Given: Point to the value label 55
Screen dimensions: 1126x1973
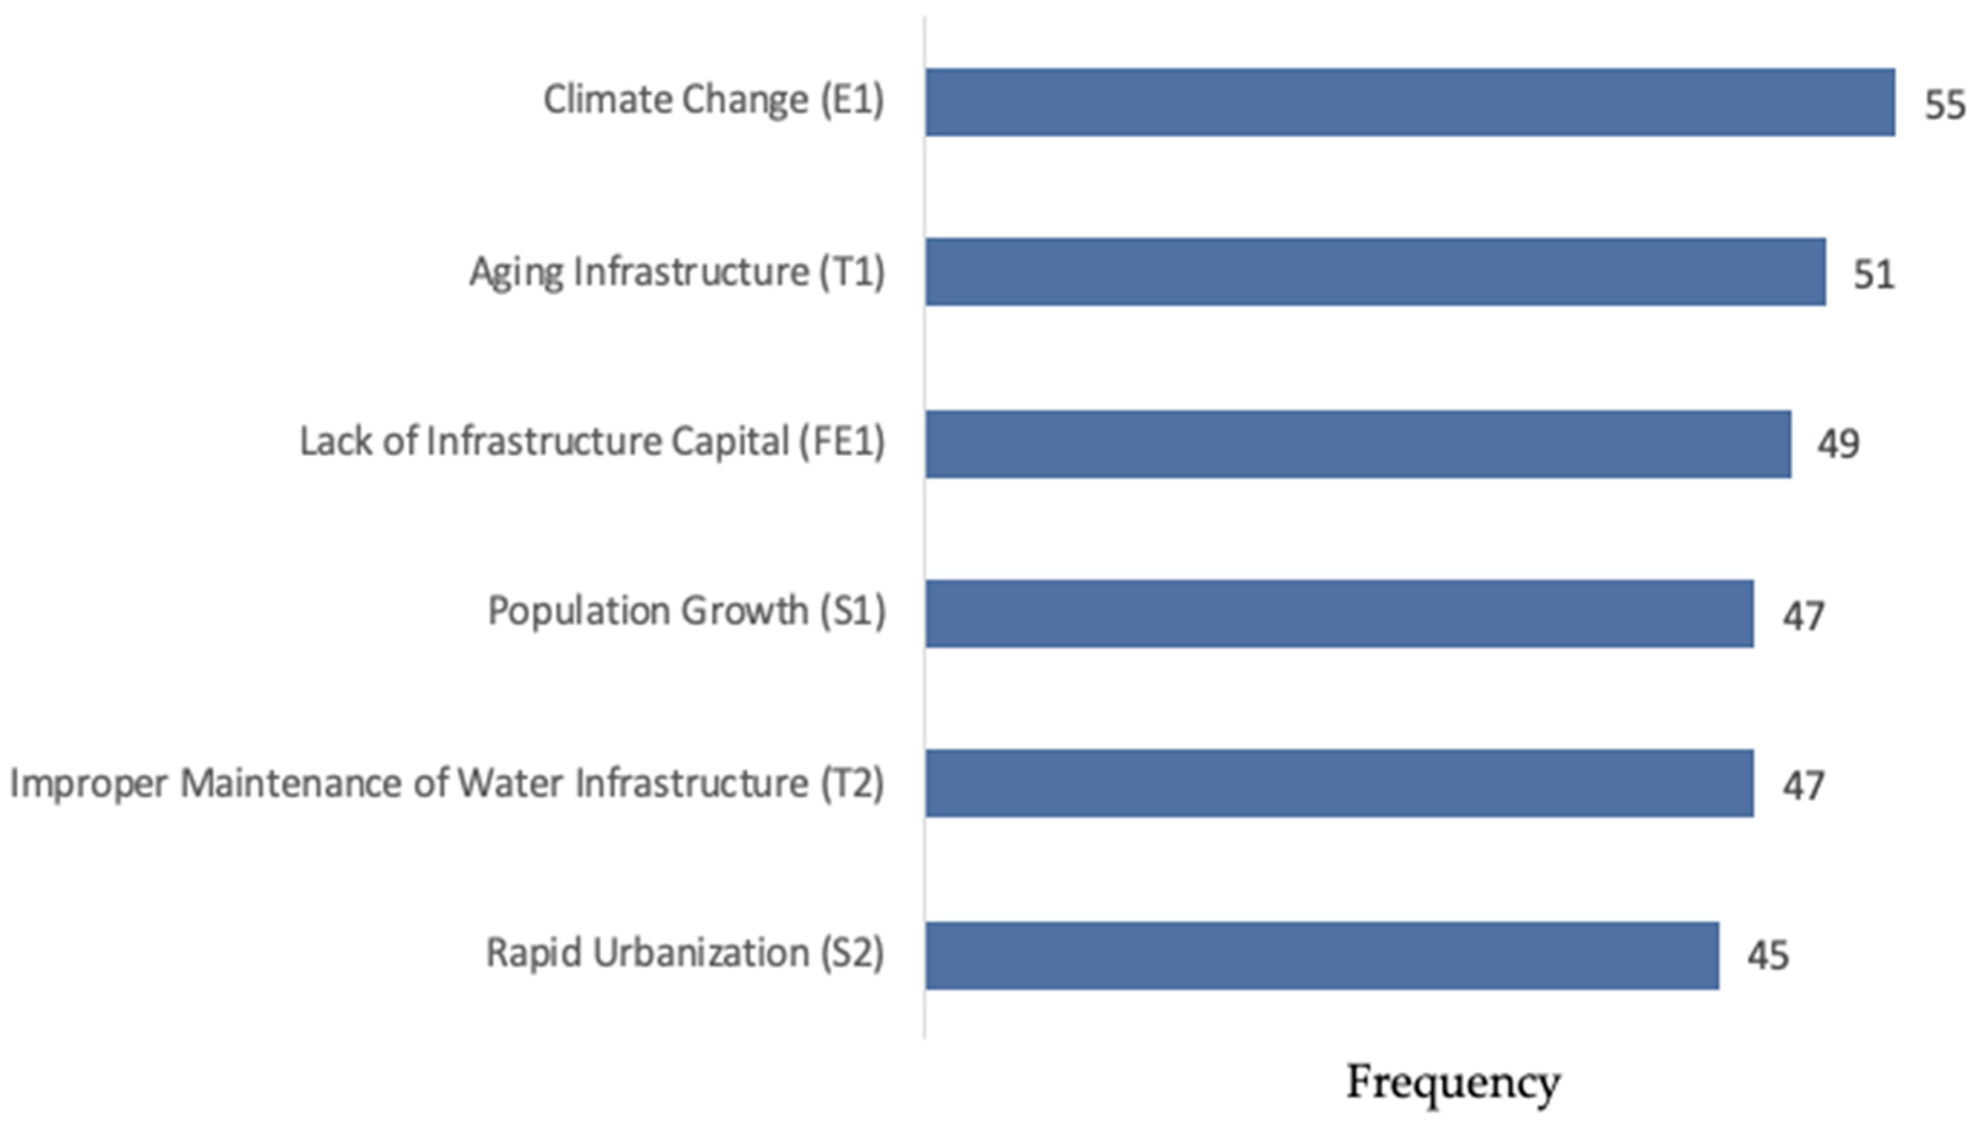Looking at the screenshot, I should click(x=1944, y=105).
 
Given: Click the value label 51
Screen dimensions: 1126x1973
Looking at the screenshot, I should click(x=1873, y=274).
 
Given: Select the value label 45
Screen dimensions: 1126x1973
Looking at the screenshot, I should click(x=1767, y=956).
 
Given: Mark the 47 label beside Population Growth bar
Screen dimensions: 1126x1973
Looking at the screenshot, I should click(x=1803, y=616).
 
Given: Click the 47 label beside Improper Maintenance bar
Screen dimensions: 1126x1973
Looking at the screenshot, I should click(x=1803, y=785).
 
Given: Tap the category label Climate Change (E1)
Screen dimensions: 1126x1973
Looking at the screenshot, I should click(x=713, y=101).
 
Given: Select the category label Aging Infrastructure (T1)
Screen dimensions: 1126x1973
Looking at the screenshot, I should click(x=677, y=272).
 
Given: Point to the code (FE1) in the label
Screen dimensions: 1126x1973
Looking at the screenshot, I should click(x=841, y=442).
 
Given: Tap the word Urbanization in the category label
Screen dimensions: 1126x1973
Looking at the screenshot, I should click(x=701, y=953).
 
